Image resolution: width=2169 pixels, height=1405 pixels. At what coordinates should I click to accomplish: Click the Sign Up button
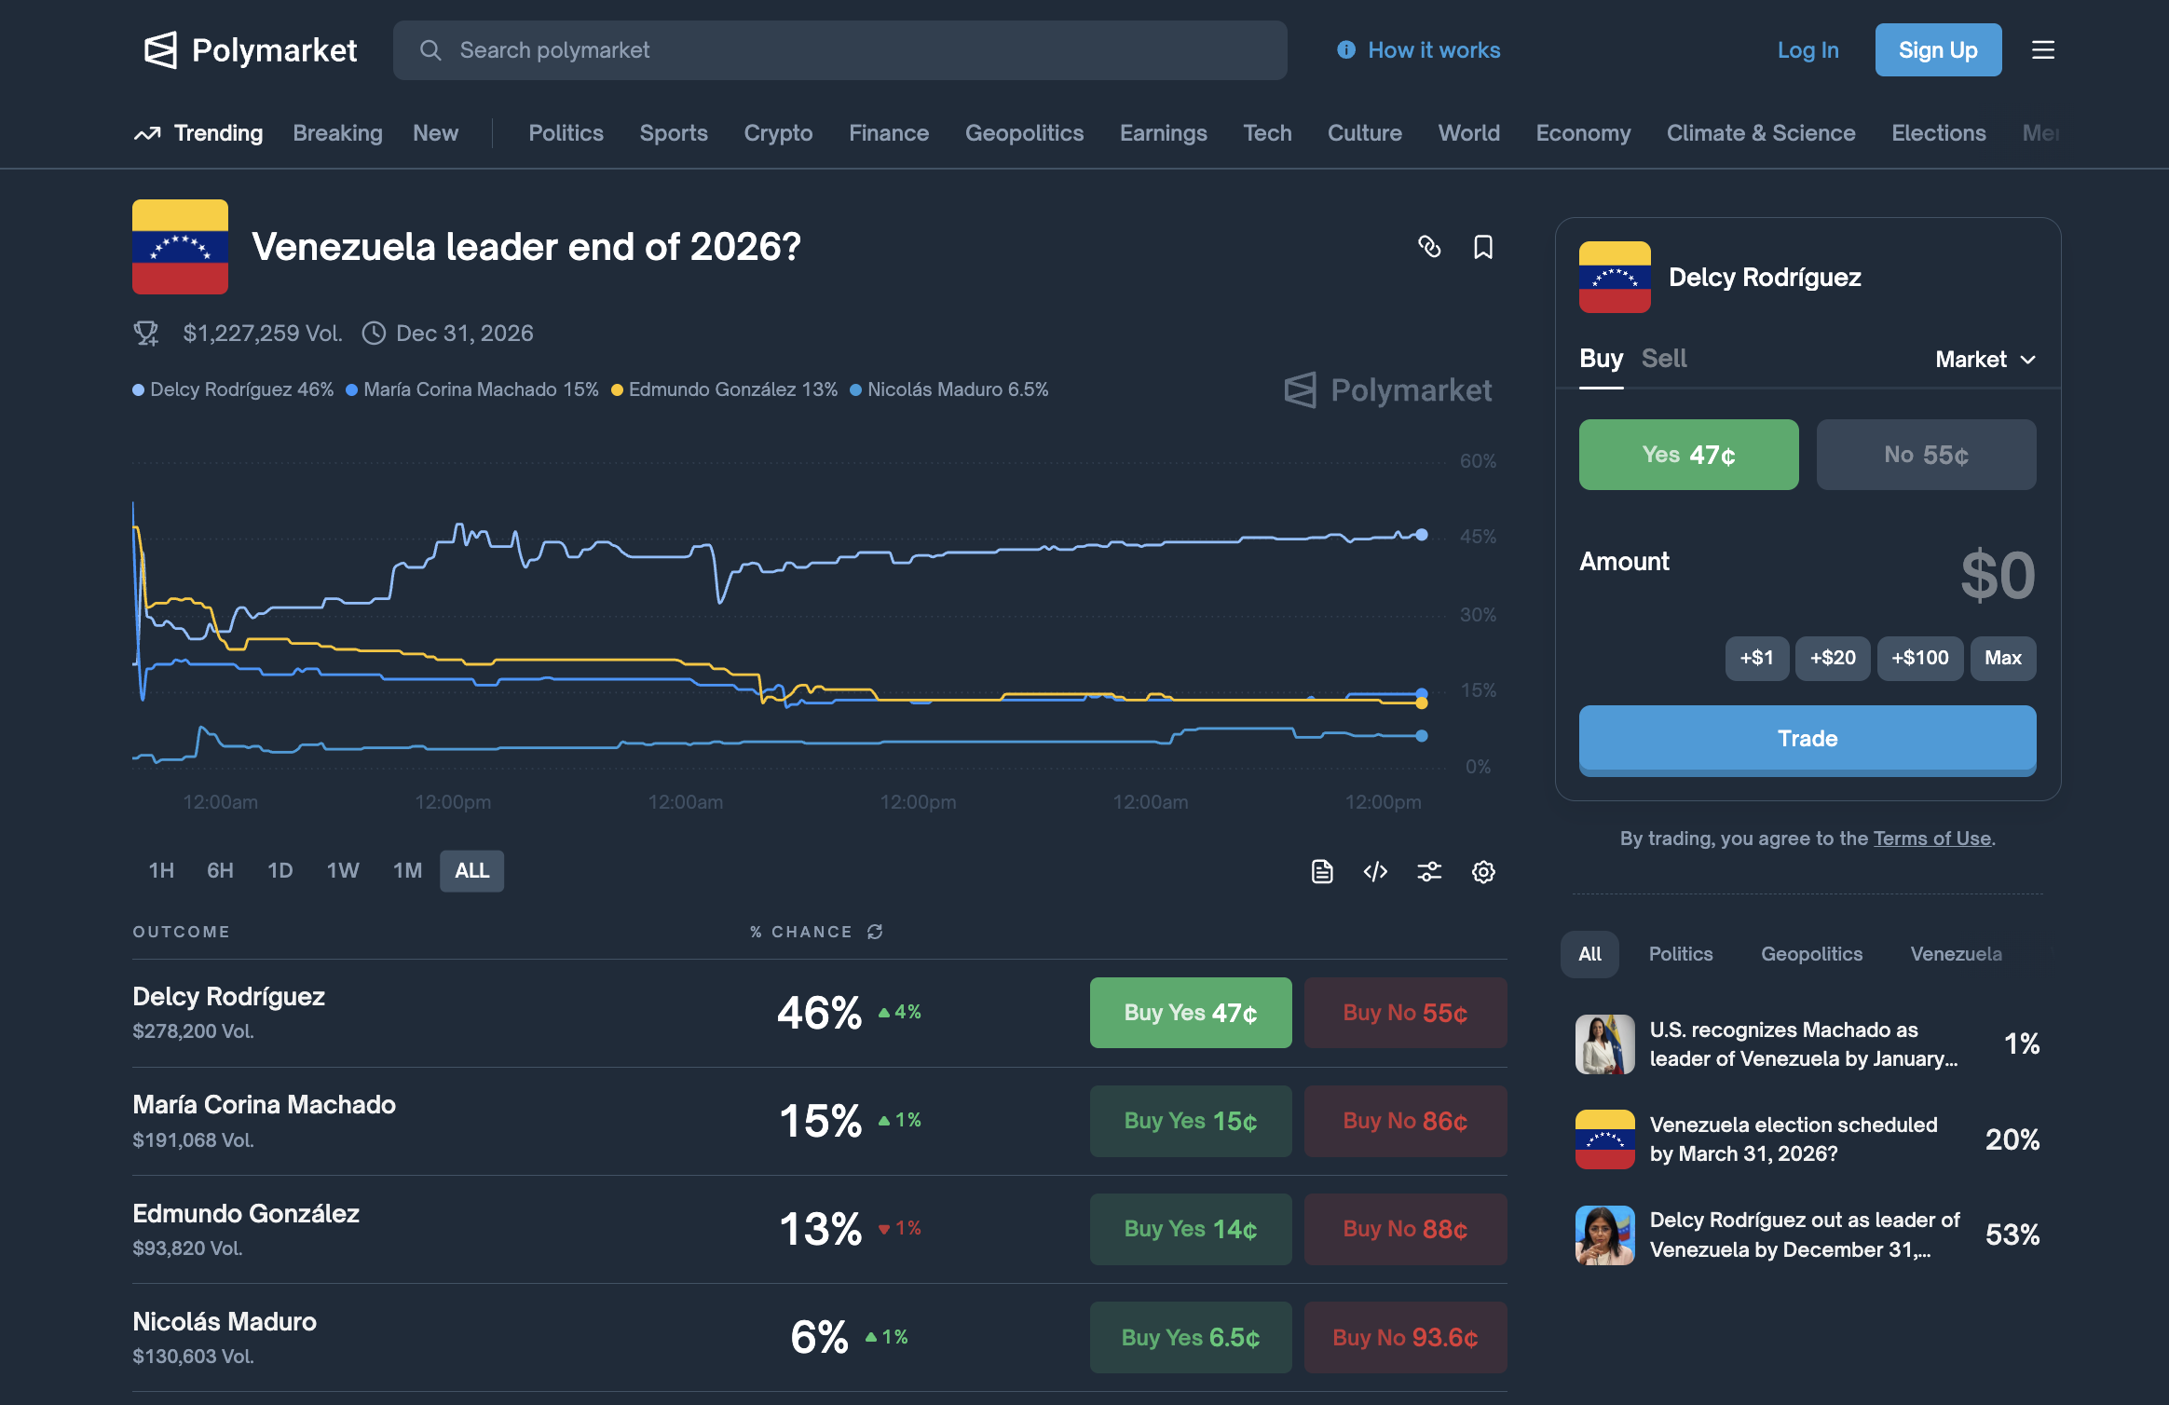point(1937,50)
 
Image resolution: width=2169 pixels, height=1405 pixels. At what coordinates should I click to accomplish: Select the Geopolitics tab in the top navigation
point(1024,133)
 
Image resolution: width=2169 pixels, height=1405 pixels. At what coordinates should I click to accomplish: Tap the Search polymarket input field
point(839,50)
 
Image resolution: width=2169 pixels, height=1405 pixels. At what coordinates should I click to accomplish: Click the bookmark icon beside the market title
point(1482,247)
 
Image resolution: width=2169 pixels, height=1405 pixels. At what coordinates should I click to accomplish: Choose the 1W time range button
point(342,870)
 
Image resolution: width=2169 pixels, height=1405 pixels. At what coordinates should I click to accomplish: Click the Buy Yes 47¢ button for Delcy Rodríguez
point(1190,1013)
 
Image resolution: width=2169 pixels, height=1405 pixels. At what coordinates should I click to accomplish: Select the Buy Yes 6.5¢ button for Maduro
point(1190,1337)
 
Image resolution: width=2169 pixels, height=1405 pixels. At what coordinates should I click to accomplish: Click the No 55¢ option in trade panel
point(1925,455)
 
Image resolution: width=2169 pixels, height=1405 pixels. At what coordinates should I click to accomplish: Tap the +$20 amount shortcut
point(1832,658)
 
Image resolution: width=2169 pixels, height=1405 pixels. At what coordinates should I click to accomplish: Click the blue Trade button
point(1807,739)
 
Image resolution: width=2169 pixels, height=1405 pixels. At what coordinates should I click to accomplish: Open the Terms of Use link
point(1931,839)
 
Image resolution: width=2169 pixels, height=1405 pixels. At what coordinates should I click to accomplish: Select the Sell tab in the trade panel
point(1663,359)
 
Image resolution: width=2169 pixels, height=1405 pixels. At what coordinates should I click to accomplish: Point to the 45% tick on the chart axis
point(1478,537)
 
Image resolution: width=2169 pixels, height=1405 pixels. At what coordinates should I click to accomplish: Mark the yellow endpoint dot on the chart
point(1421,703)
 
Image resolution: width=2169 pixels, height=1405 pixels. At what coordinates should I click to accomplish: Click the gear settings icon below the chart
point(1482,871)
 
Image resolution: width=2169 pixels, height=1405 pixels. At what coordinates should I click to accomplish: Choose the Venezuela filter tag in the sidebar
point(1955,954)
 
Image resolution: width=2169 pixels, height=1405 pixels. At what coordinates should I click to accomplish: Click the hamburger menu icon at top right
point(2042,50)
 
